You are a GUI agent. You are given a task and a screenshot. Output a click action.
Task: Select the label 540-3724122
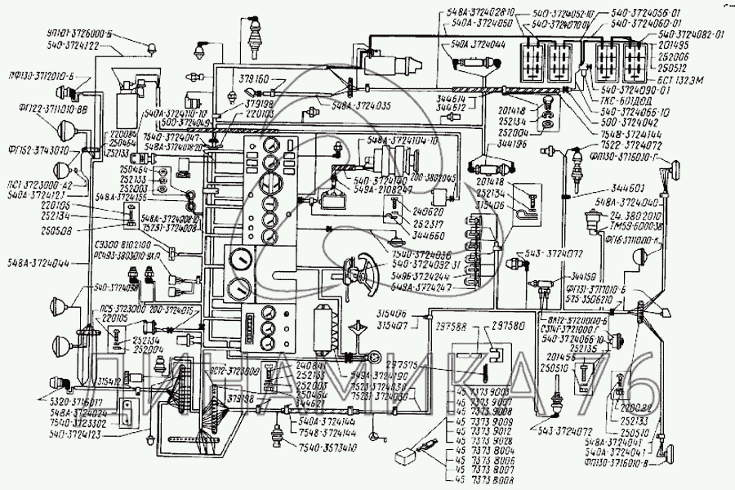[73, 47]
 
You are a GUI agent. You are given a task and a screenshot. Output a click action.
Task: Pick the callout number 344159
[588, 275]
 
